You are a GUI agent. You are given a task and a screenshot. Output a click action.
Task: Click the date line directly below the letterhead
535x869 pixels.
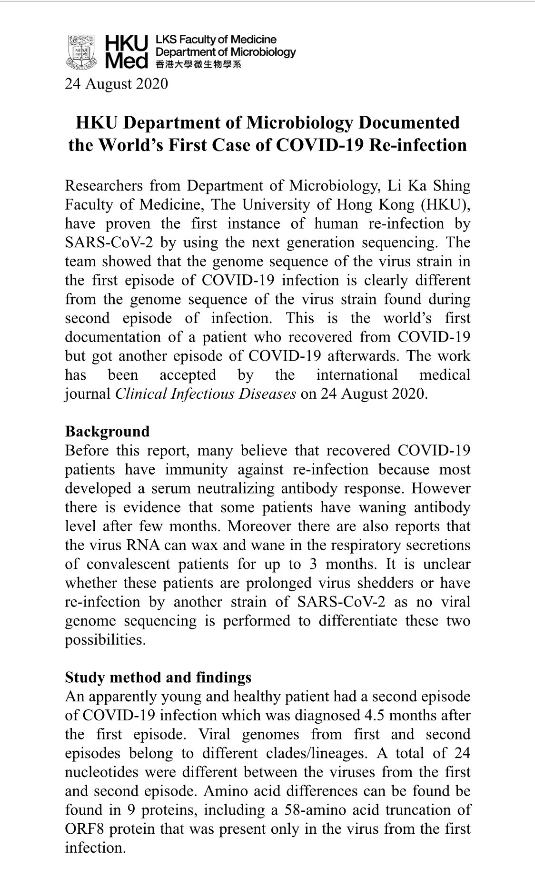point(117,84)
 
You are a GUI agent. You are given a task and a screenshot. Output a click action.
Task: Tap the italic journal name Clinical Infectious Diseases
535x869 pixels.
point(206,394)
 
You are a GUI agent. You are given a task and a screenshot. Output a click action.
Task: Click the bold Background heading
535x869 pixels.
point(107,431)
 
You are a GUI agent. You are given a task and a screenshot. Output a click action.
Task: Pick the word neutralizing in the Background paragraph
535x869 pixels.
point(236,488)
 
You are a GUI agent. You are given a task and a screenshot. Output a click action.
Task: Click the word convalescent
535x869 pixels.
point(128,564)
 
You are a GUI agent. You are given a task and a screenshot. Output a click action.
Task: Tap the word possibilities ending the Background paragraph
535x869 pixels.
point(105,640)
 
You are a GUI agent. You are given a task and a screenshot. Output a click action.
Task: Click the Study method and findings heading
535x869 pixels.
point(158,677)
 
